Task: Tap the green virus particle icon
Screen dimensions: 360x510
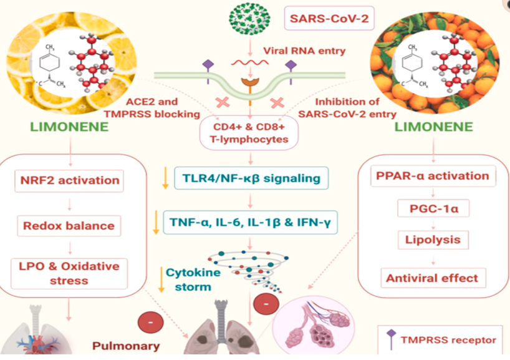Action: (x=249, y=19)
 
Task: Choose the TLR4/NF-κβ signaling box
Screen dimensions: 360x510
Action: (x=250, y=178)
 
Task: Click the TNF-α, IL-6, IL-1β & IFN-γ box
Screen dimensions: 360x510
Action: (x=250, y=221)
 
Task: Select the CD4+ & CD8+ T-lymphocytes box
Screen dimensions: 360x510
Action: (x=248, y=133)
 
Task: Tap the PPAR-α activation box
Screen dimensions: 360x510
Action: (x=433, y=175)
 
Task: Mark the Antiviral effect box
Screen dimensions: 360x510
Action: (x=433, y=278)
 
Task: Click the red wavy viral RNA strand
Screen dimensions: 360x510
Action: (x=249, y=62)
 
